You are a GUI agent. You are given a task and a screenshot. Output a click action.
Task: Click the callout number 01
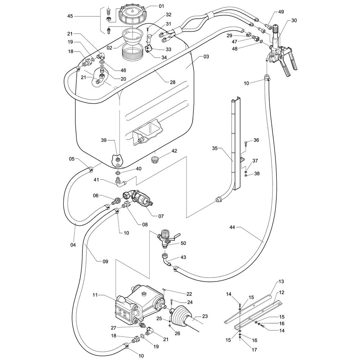click(161, 6)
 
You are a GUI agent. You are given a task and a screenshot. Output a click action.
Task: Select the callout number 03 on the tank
click(206, 57)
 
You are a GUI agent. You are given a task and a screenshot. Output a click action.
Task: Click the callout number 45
click(70, 16)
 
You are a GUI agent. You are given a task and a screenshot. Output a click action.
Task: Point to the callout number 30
click(294, 21)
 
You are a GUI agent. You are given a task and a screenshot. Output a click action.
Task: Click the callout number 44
click(232, 227)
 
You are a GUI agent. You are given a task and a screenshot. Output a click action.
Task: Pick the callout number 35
click(215, 148)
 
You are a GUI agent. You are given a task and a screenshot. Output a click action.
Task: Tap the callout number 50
click(183, 243)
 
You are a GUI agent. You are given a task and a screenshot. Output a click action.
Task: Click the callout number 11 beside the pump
click(95, 295)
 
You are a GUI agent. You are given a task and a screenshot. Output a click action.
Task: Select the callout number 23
click(205, 316)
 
